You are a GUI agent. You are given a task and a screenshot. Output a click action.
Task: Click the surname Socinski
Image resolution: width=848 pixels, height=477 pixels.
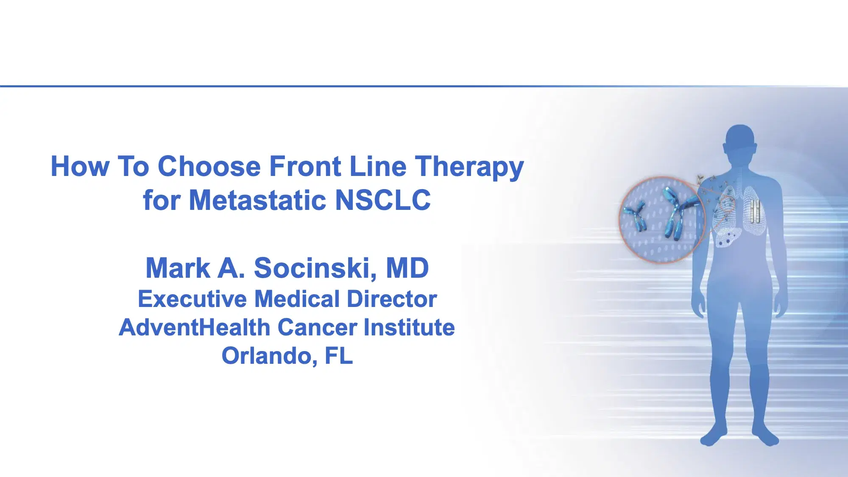tap(315, 268)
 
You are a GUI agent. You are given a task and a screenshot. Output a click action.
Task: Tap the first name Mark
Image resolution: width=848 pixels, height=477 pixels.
tap(178, 268)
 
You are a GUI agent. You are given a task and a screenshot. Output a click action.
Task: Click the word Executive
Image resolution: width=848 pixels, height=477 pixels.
tap(192, 299)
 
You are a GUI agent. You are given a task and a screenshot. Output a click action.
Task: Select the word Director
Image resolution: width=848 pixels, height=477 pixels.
tap(392, 299)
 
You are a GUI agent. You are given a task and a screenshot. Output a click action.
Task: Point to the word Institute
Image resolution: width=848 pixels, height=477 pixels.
tap(409, 327)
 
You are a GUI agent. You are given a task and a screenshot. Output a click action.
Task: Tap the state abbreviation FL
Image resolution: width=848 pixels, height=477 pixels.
tap(338, 356)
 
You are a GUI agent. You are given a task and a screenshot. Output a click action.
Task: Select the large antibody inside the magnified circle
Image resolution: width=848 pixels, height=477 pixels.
tap(678, 212)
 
